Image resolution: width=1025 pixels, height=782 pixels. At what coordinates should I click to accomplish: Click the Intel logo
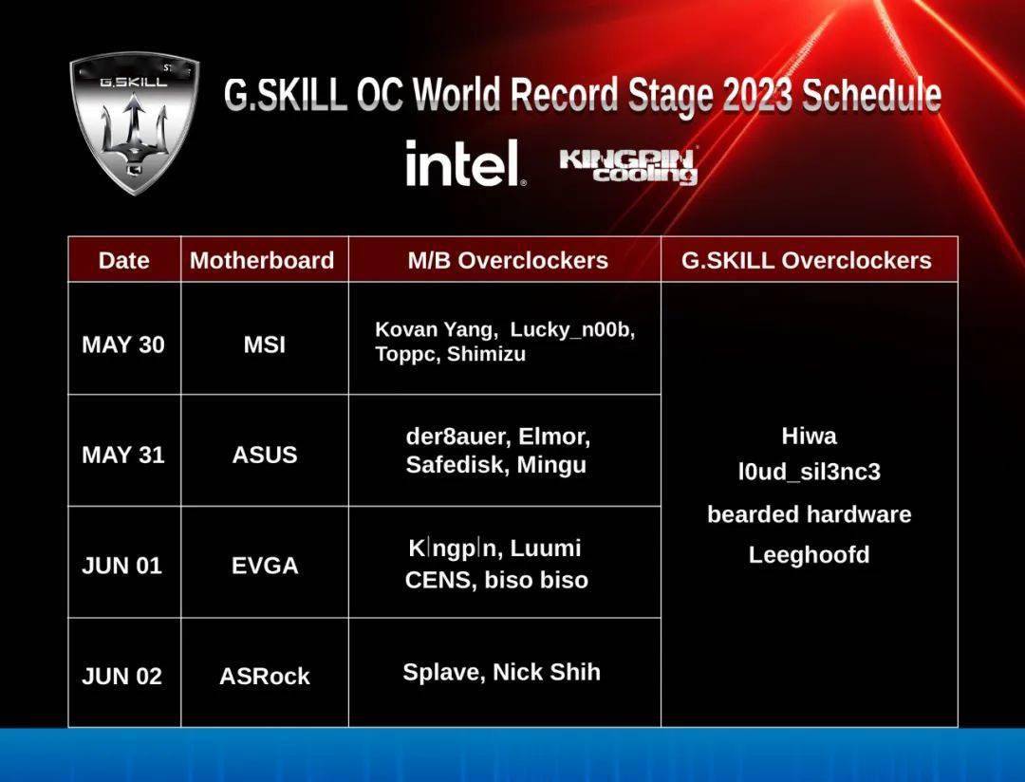[x=465, y=163]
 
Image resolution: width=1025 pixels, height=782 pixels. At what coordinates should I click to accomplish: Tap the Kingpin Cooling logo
[x=629, y=166]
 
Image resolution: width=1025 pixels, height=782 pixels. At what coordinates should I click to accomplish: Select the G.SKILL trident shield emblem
[x=134, y=122]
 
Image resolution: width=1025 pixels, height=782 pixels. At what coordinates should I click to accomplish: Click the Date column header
[x=123, y=260]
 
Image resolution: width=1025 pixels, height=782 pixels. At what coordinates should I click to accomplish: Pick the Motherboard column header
[x=262, y=260]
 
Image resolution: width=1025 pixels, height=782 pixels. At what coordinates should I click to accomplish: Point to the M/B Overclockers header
[x=508, y=260]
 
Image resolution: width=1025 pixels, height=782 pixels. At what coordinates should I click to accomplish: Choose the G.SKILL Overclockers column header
[x=807, y=260]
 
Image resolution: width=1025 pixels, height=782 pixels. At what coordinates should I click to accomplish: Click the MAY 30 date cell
[x=122, y=344]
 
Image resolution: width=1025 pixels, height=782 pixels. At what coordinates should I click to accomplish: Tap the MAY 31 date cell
[x=122, y=455]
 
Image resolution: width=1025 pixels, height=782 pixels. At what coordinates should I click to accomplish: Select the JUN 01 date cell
[x=121, y=566]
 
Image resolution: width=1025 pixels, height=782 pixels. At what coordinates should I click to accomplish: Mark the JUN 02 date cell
[x=121, y=676]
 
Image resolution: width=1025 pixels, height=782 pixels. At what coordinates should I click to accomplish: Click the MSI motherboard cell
[x=265, y=344]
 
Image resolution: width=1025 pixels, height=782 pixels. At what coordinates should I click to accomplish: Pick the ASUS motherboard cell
[x=265, y=455]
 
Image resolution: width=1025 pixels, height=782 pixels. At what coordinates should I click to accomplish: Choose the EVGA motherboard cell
[x=265, y=566]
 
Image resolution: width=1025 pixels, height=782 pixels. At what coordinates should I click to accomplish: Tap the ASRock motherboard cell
[x=265, y=676]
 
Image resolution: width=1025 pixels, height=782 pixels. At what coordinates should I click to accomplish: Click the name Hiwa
[x=810, y=437]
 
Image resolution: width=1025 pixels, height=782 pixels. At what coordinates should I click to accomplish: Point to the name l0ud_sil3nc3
[x=810, y=472]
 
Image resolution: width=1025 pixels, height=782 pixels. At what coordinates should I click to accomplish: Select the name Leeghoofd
[x=810, y=555]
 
